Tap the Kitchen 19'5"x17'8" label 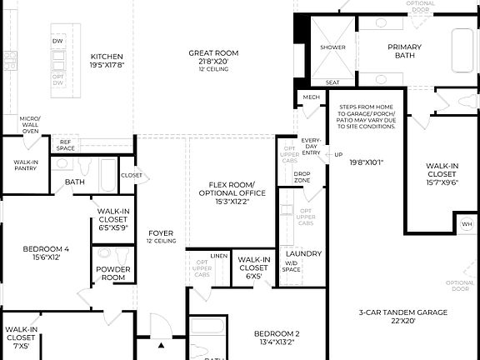click(x=107, y=57)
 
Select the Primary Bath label click(x=404, y=52)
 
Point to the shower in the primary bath click(x=332, y=47)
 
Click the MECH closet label click(x=311, y=97)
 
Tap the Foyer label click(x=161, y=237)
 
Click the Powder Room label click(x=112, y=272)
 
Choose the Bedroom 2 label click(x=276, y=337)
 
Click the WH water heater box click(x=466, y=224)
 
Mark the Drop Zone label click(x=302, y=177)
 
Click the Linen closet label click(x=219, y=256)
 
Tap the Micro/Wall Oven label click(x=30, y=125)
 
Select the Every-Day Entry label click(x=311, y=147)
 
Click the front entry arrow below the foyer click(x=162, y=344)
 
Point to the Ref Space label click(x=66, y=145)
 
